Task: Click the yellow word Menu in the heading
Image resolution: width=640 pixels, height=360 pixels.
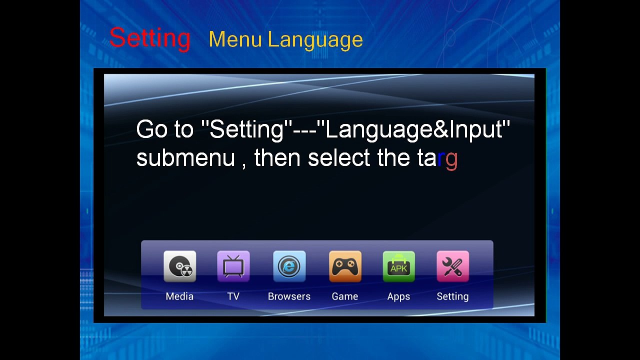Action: [235, 39]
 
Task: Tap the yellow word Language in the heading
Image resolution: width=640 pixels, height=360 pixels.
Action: [315, 40]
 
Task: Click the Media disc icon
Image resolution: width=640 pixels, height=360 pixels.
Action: [179, 266]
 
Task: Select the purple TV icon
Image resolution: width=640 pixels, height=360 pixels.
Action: [233, 266]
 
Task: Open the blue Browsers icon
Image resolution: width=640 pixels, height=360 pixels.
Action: [289, 266]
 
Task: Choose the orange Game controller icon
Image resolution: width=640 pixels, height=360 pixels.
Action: [345, 266]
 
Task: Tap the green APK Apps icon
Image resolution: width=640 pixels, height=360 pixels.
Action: [399, 266]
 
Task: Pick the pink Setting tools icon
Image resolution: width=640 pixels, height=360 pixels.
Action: [452, 266]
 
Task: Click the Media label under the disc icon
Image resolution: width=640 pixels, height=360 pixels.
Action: [179, 296]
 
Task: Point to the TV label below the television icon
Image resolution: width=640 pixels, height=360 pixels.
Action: [233, 296]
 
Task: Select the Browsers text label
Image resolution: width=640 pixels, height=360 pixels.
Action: [289, 296]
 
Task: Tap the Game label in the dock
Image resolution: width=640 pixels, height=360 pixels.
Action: [345, 296]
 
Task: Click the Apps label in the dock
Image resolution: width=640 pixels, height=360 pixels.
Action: [398, 297]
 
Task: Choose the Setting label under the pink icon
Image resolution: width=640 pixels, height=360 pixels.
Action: [452, 297]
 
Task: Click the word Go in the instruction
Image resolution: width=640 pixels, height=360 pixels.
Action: [151, 129]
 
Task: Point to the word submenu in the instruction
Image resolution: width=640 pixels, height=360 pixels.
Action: [185, 157]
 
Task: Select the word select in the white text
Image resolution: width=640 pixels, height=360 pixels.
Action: [339, 157]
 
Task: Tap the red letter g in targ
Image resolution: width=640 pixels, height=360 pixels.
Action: [451, 160]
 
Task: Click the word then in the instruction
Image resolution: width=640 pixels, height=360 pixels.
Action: [277, 157]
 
